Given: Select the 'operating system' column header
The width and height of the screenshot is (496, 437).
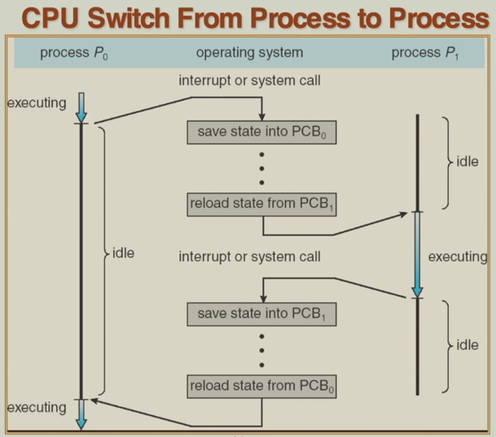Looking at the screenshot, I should (x=249, y=53).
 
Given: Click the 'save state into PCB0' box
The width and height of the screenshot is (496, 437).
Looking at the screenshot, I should (x=261, y=132).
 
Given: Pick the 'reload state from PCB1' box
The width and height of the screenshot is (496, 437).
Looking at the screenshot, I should (x=261, y=204).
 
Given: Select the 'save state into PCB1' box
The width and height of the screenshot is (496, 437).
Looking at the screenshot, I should (x=261, y=313).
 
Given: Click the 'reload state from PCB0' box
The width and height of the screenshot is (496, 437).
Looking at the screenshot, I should (x=261, y=385).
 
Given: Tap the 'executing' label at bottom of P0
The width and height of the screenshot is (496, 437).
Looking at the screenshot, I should (x=36, y=406).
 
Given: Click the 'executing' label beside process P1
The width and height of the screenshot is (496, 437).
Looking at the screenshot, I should (x=457, y=257).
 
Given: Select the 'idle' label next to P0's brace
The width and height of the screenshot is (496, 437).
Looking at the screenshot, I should (x=123, y=254).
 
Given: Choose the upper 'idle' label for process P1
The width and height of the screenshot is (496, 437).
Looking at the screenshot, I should (x=467, y=161).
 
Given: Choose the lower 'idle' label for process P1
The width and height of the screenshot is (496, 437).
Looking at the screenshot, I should (x=467, y=345).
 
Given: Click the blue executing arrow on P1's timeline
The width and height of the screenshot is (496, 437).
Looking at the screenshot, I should (x=417, y=254).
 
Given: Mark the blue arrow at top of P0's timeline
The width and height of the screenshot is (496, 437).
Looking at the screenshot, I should (x=81, y=107).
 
